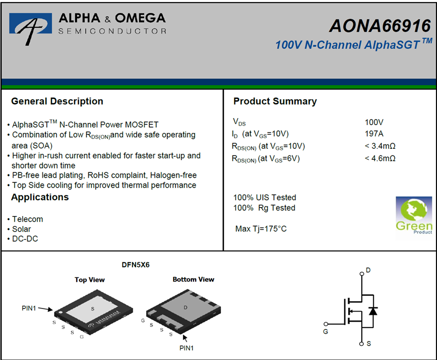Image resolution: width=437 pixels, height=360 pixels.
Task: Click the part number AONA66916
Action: pyautogui.click(x=380, y=26)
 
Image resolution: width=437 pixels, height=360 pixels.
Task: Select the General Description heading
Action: pyautogui.click(x=57, y=101)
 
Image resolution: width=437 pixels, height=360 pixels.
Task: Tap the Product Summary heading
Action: pyautogui.click(x=275, y=101)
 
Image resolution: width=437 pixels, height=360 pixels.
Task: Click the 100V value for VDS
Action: pyautogui.click(x=374, y=122)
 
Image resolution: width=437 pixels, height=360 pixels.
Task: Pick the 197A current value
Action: pyautogui.click(x=374, y=133)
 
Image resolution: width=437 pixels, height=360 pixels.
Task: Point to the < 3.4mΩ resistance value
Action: pyautogui.click(x=380, y=146)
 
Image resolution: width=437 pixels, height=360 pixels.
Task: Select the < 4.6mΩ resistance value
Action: pyautogui.click(x=380, y=158)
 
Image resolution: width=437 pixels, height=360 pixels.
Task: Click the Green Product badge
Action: pyautogui.click(x=414, y=215)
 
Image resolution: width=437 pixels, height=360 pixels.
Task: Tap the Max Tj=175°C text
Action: pyautogui.click(x=261, y=229)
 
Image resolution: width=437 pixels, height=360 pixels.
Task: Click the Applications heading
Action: pyautogui.click(x=40, y=197)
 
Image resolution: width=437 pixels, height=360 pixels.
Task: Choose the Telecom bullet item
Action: pyautogui.click(x=27, y=219)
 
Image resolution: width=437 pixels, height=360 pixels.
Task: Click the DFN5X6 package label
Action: pyautogui.click(x=136, y=265)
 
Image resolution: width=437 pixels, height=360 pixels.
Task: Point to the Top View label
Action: pyautogui.click(x=89, y=280)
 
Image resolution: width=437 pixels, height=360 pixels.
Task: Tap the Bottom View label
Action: pyautogui.click(x=194, y=280)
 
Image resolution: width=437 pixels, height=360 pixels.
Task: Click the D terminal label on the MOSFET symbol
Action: pyautogui.click(x=368, y=270)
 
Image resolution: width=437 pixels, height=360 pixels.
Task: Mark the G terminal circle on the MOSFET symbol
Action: pyautogui.click(x=326, y=324)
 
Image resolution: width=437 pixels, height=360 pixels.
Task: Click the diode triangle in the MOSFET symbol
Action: pyautogui.click(x=373, y=311)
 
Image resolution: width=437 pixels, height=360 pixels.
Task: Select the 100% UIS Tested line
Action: pyautogui.click(x=265, y=198)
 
